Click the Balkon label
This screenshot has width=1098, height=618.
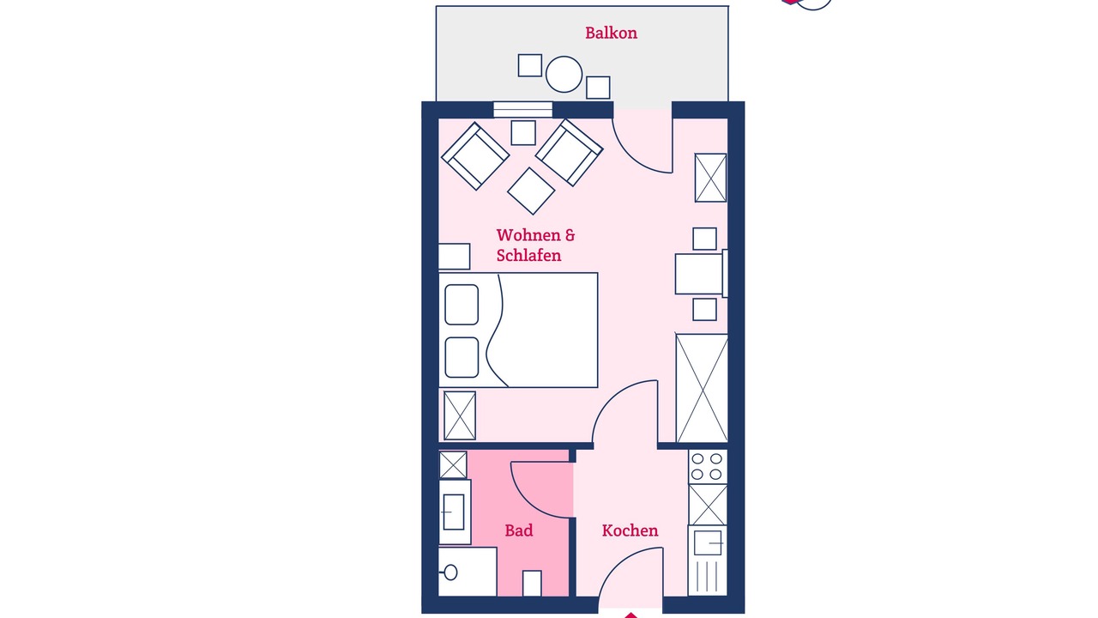[611, 33]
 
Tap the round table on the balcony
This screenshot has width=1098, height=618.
[564, 74]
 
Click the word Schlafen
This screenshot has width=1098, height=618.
[528, 255]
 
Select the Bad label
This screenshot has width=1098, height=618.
[519, 530]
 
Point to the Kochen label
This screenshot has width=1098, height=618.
[630, 530]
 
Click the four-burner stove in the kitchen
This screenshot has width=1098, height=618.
[708, 466]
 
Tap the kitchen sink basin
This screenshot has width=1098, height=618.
[708, 542]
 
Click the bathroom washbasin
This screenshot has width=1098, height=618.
[454, 512]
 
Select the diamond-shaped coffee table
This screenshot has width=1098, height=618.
[531, 191]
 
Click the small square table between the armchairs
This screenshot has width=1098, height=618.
[523, 132]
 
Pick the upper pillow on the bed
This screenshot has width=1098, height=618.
[462, 305]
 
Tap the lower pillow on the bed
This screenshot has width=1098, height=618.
[462, 357]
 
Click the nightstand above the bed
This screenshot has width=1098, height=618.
[454, 257]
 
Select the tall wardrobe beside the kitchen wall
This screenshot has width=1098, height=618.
[702, 389]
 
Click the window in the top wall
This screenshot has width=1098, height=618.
[522, 109]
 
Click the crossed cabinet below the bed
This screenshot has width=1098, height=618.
[459, 415]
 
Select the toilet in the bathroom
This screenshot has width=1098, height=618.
[468, 572]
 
